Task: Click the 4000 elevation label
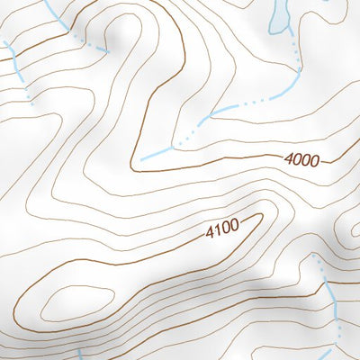(301, 159)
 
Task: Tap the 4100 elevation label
(222, 230)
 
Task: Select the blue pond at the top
(279, 16)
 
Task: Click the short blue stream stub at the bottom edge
(78, 354)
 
